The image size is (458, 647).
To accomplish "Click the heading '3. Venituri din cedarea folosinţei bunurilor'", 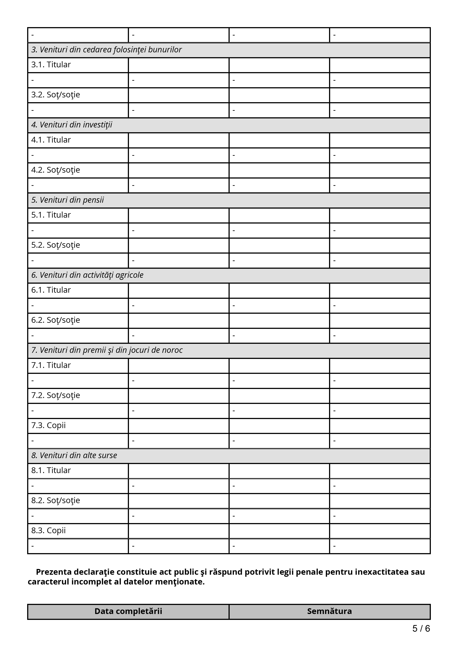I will click(106, 50).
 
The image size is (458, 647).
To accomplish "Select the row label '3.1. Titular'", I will click(51, 65).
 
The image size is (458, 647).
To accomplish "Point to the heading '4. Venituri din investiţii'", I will click(72, 125).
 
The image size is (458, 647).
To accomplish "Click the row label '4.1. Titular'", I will click(51, 140).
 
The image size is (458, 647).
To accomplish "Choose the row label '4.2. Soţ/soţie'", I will click(56, 170).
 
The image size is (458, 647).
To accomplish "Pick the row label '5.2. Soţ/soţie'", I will click(56, 245).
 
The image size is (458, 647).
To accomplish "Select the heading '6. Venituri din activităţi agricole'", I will click(87, 275).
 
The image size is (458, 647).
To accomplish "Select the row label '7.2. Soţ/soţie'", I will click(56, 395).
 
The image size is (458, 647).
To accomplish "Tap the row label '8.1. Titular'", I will click(51, 471).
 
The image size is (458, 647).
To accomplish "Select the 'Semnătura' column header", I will click(329, 611).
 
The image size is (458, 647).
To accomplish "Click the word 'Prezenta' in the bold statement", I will click(53, 572).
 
